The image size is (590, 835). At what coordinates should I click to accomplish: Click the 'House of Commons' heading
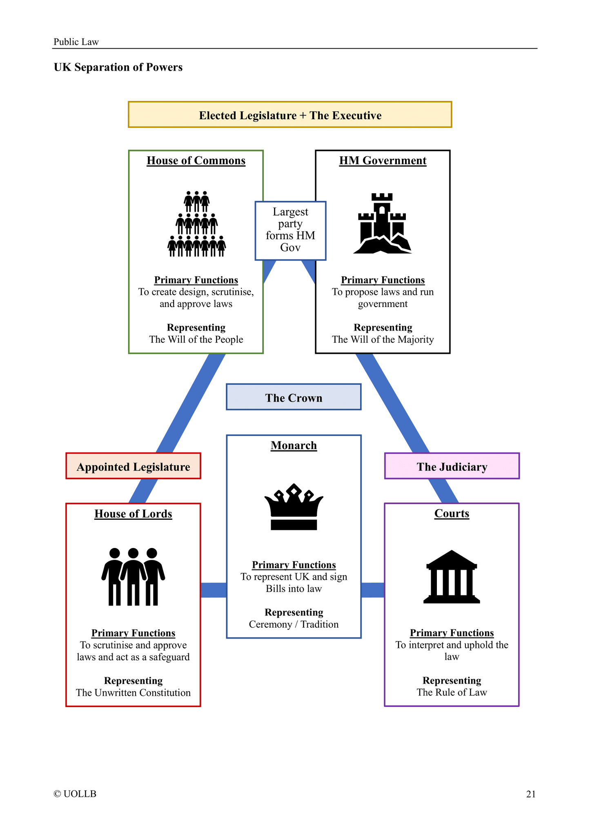tap(196, 160)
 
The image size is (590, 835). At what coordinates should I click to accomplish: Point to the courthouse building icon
tap(452, 577)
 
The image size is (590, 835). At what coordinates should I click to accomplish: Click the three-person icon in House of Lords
tap(133, 577)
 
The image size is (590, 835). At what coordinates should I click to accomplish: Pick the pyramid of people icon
tap(196, 224)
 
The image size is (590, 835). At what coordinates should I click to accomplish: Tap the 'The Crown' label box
tap(294, 397)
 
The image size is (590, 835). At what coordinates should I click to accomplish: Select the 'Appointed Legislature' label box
tap(133, 466)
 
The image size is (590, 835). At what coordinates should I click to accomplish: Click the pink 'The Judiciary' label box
tap(452, 466)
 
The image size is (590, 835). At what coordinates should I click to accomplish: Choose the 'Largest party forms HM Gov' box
tap(290, 230)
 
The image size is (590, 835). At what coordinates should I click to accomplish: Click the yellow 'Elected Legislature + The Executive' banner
tap(290, 115)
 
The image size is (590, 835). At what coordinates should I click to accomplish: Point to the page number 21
tap(530, 794)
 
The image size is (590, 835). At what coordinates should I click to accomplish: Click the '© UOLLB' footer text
tap(75, 794)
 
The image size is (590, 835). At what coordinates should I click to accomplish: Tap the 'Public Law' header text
tap(76, 42)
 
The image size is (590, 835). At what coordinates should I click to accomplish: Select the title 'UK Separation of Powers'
tap(118, 67)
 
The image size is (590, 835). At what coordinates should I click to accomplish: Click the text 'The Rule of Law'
tap(452, 692)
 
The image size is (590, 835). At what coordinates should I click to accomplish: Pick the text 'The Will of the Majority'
tap(383, 339)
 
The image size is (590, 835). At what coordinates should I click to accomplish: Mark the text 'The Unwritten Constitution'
tap(133, 692)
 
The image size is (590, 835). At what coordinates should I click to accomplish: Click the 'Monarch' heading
tap(294, 445)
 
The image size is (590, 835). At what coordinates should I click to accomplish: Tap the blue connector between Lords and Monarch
tap(214, 590)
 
